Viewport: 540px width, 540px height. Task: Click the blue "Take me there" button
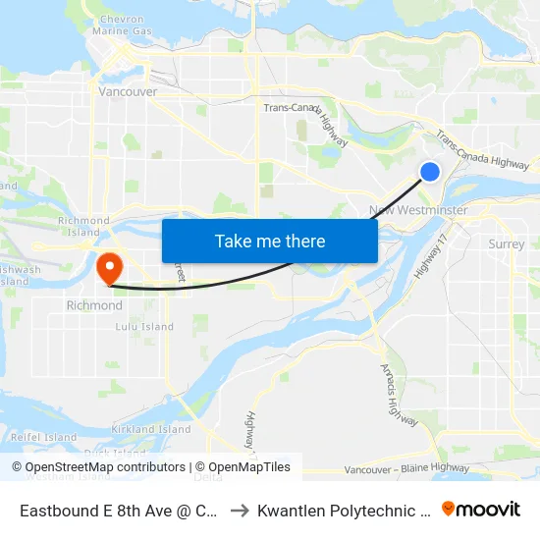[x=270, y=242]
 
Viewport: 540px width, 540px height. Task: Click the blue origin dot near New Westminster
[x=430, y=172]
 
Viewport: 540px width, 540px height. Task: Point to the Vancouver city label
[x=128, y=91]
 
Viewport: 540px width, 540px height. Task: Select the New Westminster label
[x=418, y=211]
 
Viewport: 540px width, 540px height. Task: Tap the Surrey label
[x=506, y=244]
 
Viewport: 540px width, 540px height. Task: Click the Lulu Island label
[x=144, y=327]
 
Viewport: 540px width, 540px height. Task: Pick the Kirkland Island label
[x=151, y=429]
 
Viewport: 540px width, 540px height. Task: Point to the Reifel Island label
[x=43, y=437]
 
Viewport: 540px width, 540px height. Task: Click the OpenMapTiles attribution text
[x=246, y=467]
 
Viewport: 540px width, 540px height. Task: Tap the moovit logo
[x=481, y=509]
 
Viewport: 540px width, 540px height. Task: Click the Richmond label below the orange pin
[x=94, y=305]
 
